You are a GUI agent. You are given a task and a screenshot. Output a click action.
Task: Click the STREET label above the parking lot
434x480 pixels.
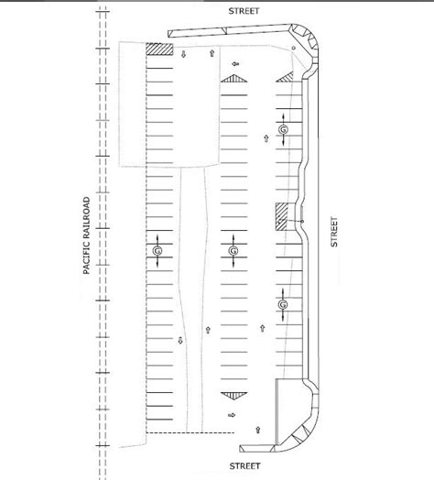point(244,11)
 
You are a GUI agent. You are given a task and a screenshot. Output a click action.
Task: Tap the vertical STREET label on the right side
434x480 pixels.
point(334,232)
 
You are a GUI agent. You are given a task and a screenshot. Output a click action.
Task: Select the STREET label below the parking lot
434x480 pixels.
point(244,466)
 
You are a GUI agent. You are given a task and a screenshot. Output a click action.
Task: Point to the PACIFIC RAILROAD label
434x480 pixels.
point(87,235)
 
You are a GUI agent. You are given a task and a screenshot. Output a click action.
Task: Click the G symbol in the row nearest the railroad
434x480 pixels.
point(157,251)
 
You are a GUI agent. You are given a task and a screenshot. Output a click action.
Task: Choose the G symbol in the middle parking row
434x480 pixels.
point(233,251)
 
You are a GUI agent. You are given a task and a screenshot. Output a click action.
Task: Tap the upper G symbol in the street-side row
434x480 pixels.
point(283,129)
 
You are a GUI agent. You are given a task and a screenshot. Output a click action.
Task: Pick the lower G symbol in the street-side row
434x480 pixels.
point(283,305)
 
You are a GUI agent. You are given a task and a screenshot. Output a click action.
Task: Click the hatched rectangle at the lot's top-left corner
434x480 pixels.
point(159,49)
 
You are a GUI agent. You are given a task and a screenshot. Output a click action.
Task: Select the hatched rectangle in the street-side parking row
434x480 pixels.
point(282,216)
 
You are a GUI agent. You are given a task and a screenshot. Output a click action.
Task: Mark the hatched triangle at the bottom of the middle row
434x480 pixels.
point(233,396)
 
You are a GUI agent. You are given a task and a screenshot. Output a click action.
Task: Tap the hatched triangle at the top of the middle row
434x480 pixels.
point(233,79)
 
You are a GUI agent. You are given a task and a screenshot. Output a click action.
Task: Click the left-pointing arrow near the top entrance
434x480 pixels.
point(235,64)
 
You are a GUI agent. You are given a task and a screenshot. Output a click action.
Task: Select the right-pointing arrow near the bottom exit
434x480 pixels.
point(232,415)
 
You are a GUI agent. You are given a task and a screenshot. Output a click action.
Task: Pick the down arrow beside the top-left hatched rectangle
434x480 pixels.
point(183,54)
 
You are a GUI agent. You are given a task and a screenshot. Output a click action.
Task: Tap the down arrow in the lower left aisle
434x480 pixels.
point(180,340)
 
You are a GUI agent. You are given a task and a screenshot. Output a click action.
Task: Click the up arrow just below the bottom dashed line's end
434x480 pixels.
point(257,430)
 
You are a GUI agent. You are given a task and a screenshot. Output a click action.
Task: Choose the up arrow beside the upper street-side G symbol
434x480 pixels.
point(266,138)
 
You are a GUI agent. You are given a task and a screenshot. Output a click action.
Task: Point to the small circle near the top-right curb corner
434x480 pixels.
point(293,48)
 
